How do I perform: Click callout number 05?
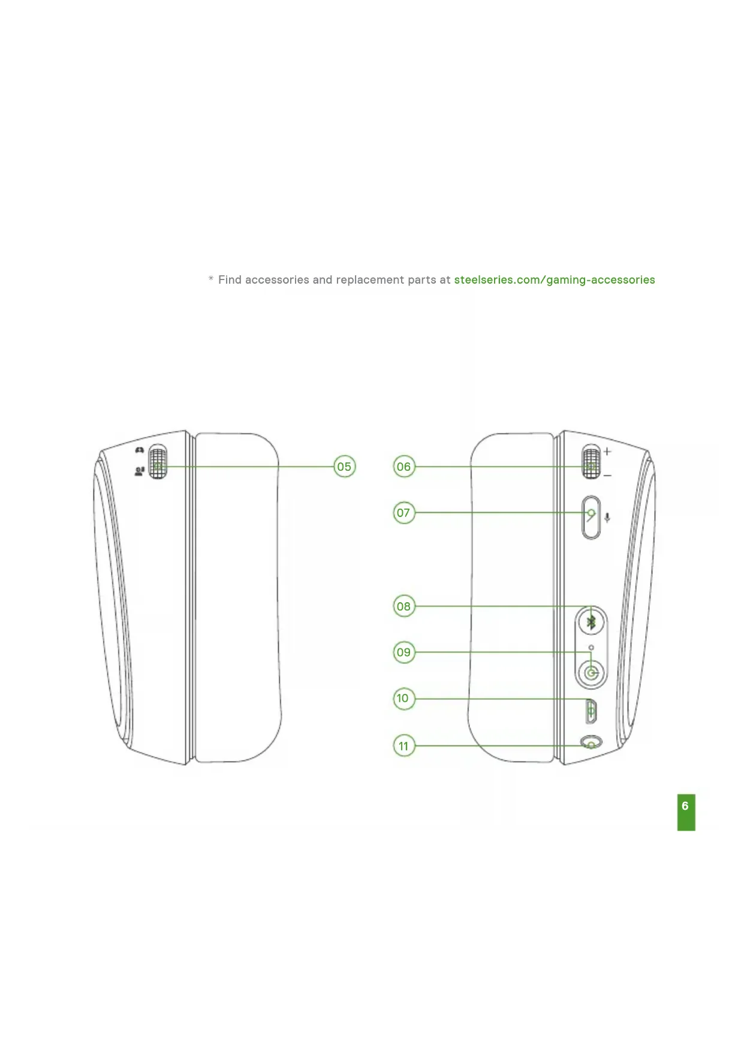click(344, 467)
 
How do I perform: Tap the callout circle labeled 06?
click(404, 467)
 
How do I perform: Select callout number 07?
click(404, 513)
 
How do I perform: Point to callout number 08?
click(404, 606)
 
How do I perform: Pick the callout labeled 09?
click(404, 652)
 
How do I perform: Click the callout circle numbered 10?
click(404, 698)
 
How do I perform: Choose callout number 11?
click(404, 746)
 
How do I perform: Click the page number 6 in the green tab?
click(686, 807)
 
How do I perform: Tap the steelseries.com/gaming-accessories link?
click(554, 280)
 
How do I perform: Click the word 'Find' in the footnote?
click(230, 280)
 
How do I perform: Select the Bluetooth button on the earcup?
click(591, 623)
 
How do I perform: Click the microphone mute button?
click(591, 517)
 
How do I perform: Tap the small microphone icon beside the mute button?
click(607, 518)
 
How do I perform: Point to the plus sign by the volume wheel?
click(607, 451)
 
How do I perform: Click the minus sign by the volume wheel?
click(607, 476)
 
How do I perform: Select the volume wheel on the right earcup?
click(591, 463)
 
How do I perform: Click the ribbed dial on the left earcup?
click(158, 462)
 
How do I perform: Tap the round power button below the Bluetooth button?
click(592, 673)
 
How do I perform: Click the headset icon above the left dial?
click(140, 450)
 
